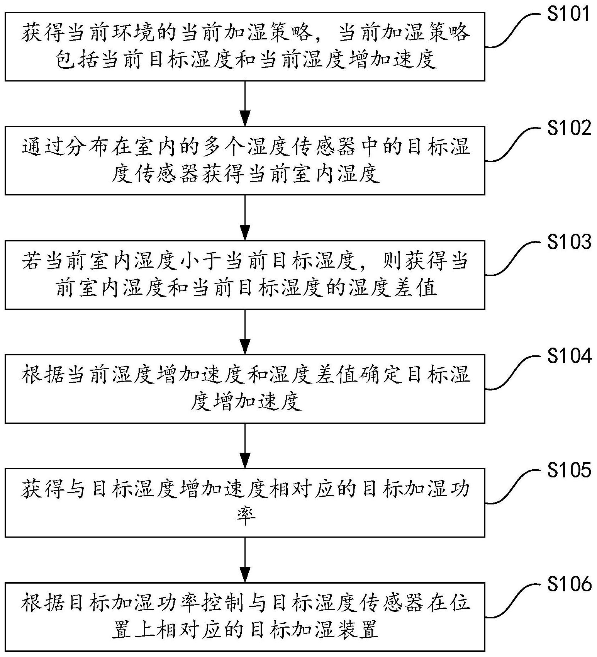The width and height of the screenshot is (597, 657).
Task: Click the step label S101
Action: point(569,14)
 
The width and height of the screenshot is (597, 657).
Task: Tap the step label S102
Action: point(569,128)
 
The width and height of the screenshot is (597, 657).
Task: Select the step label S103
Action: point(569,242)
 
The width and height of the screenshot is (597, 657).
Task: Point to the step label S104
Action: point(569,356)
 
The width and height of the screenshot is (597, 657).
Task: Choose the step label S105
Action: point(569,470)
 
